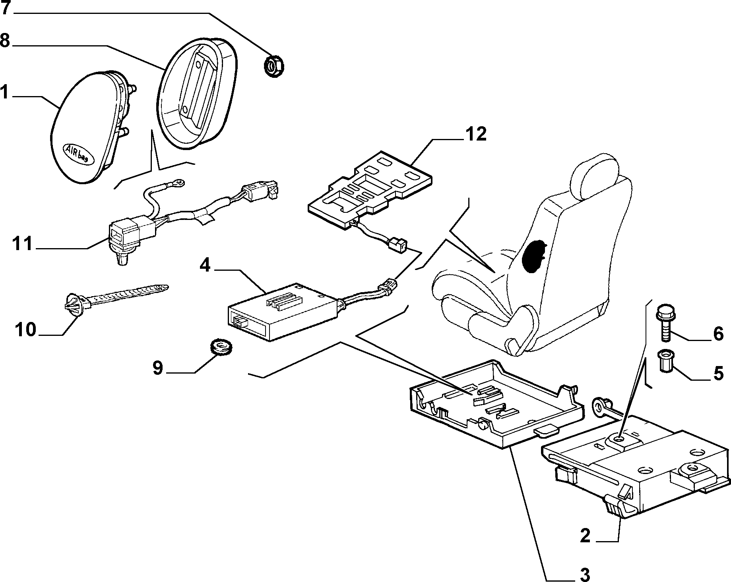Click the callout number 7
pyautogui.click(x=6, y=8)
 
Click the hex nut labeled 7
pyautogui.click(x=273, y=66)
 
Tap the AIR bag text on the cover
pyautogui.click(x=78, y=153)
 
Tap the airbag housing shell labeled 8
pyautogui.click(x=196, y=93)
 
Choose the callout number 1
pyautogui.click(x=5, y=92)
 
